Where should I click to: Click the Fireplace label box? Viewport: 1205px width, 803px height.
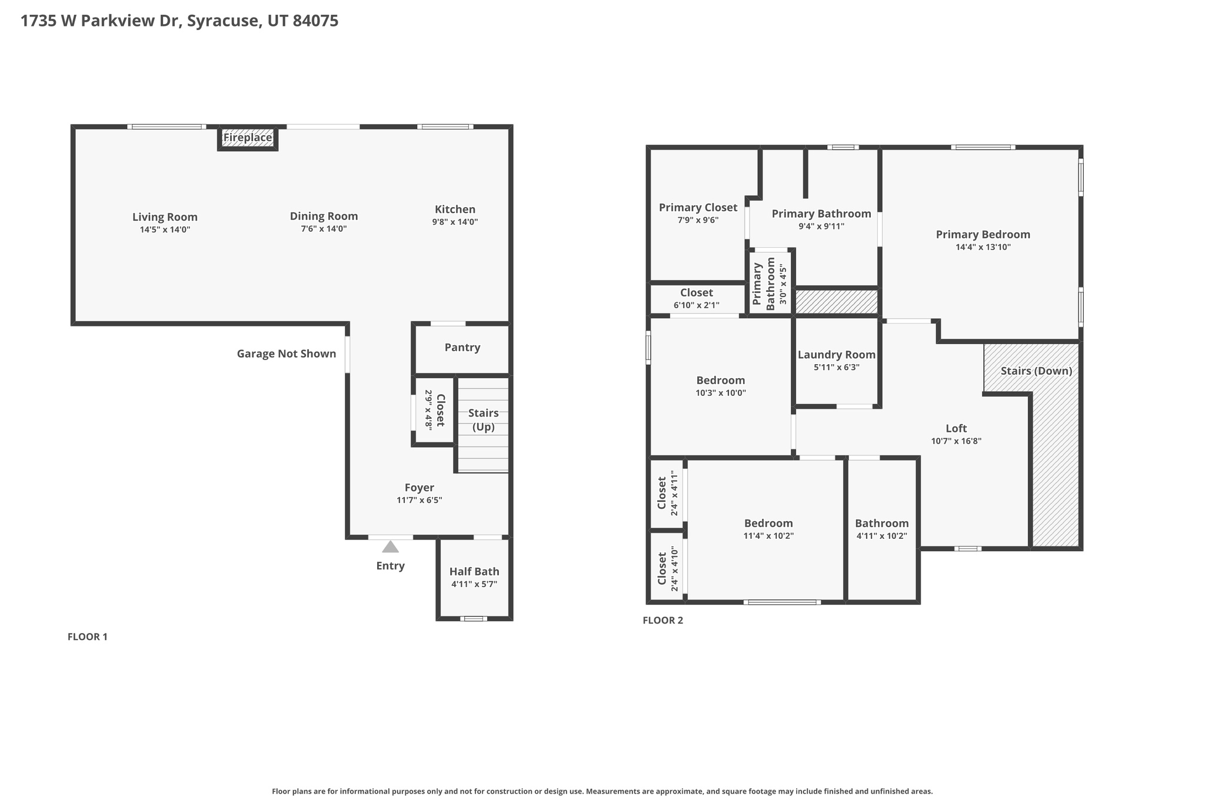coord(248,138)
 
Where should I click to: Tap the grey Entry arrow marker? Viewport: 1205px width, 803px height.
coord(390,547)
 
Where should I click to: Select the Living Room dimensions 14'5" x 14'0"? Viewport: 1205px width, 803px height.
coord(165,229)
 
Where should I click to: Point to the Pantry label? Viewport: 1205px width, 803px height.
coord(462,347)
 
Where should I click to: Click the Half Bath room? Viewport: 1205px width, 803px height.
coord(474,579)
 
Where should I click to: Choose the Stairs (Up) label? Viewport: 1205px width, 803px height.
coord(484,420)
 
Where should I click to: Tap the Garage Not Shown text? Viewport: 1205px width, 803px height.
coord(287,354)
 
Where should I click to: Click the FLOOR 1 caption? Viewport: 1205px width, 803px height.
coord(88,637)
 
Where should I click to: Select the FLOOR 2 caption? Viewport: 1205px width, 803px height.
coord(663,620)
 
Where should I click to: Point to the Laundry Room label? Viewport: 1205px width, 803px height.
coord(837,355)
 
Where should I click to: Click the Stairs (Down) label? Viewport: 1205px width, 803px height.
coord(1036,371)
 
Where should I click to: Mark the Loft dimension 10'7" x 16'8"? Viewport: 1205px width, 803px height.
coord(956,441)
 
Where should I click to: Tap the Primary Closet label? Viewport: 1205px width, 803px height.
coord(698,208)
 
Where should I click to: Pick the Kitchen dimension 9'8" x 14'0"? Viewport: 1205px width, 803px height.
coord(455,222)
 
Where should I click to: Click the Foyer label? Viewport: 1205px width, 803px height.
coord(420,488)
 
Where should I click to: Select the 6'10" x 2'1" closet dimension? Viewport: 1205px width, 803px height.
coord(697,305)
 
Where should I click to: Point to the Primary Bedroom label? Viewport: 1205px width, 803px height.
coord(983,235)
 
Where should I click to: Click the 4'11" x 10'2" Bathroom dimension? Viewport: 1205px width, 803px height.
coord(882,536)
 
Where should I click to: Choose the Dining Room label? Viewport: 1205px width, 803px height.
coord(324,216)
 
